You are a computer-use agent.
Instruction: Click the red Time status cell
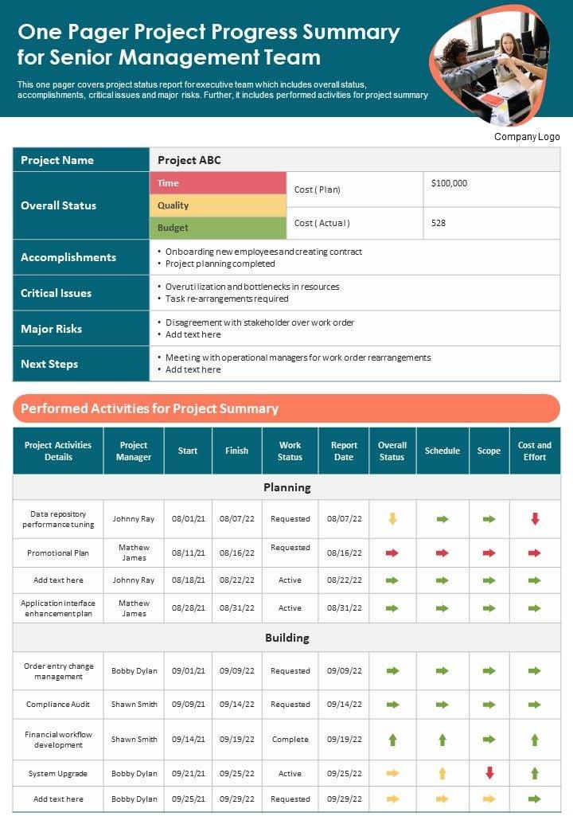coord(217,183)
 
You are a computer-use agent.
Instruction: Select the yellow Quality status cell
coord(217,205)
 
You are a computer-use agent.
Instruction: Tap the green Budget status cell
coord(217,228)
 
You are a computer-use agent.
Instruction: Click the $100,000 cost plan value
coord(449,183)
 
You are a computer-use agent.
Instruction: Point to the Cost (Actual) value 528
coord(439,223)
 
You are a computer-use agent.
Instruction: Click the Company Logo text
coord(527,137)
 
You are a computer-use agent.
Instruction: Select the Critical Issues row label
coord(57,293)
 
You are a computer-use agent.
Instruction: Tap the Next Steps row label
coord(49,364)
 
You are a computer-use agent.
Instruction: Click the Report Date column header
coord(344,451)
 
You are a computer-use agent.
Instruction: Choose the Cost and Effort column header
coord(535,451)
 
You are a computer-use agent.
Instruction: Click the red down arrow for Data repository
coord(535,519)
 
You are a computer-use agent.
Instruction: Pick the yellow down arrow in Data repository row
coord(392,519)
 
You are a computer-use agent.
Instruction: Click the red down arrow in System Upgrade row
coord(489,773)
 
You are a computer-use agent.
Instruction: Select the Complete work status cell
coord(290,740)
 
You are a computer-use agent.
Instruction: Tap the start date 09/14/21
coord(189,740)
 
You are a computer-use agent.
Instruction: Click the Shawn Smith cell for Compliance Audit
coord(134,705)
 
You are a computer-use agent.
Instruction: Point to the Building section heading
coord(286,638)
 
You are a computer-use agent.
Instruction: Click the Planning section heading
coord(286,486)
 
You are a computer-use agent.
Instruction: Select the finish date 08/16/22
coord(237,553)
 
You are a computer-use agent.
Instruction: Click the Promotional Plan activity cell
coord(58,553)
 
